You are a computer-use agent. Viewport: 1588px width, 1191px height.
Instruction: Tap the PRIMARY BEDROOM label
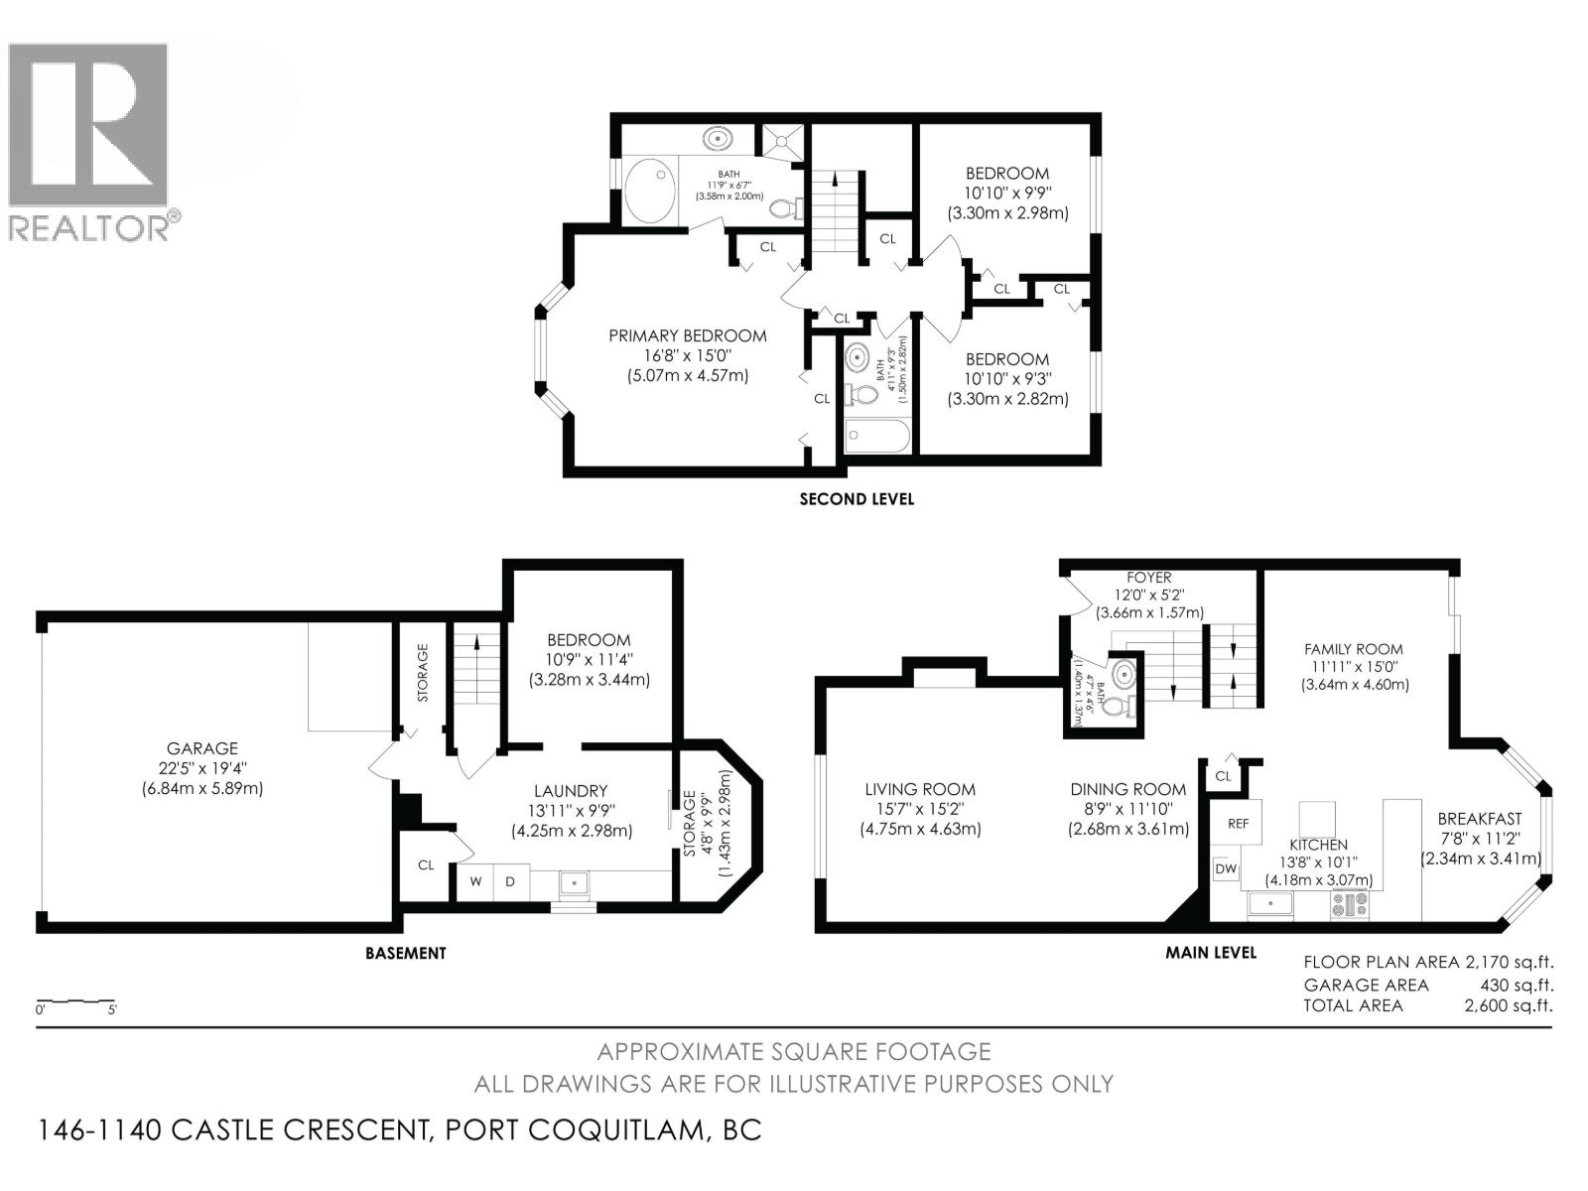(687, 335)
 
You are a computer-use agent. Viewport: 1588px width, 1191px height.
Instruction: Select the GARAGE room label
(201, 748)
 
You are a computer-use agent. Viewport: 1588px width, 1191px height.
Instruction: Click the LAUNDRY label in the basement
(571, 791)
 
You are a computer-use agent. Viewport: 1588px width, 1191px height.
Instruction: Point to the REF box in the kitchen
(1238, 822)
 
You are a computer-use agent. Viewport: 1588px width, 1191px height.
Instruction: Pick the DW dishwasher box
(1226, 869)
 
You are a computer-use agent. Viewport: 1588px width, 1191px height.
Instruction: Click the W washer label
(475, 881)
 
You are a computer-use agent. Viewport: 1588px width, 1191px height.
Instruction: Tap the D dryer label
(510, 881)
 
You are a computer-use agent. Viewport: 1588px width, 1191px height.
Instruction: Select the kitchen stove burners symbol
(1349, 904)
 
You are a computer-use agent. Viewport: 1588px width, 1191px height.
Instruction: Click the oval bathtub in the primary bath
(650, 191)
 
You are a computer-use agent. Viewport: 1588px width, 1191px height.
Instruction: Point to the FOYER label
(1149, 578)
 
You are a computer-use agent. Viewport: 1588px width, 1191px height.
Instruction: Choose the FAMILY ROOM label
(1354, 649)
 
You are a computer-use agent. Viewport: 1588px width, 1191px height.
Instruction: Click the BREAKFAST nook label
(1480, 819)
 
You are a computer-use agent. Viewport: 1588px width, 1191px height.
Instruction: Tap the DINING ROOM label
(1128, 789)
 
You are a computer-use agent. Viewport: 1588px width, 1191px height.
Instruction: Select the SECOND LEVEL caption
(857, 499)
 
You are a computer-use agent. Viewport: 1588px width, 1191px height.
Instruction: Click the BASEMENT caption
(405, 953)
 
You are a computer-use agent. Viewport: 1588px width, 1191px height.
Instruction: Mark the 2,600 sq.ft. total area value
(1509, 1005)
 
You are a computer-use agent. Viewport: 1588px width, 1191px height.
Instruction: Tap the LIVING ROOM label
(920, 789)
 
